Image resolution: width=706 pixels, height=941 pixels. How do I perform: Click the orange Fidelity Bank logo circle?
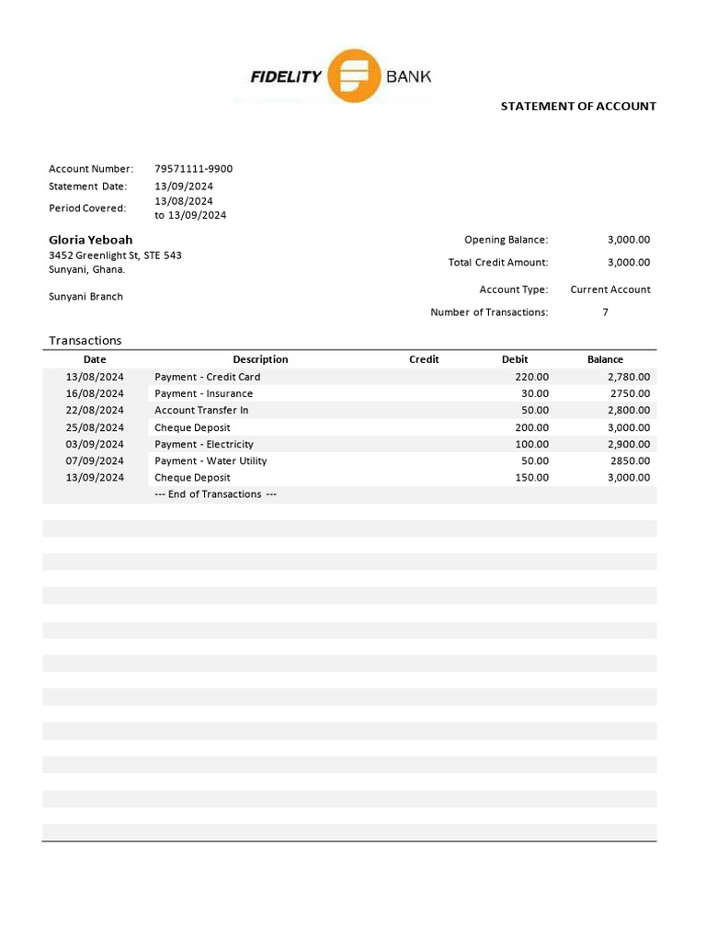click(x=354, y=75)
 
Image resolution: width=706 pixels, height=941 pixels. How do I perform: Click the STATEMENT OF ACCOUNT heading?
click(x=578, y=106)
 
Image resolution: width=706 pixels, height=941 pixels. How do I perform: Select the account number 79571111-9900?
click(x=193, y=168)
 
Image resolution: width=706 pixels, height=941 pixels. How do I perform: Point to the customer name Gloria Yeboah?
click(x=91, y=240)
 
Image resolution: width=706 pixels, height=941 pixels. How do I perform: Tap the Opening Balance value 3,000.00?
click(x=628, y=240)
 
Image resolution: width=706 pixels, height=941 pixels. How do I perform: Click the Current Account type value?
click(x=609, y=289)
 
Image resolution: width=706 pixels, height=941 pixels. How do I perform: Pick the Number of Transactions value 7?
click(x=605, y=312)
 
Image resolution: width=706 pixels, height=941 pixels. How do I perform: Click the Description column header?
click(x=260, y=359)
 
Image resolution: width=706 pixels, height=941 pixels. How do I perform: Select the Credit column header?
click(x=424, y=359)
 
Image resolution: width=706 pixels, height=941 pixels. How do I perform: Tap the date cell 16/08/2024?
click(x=95, y=393)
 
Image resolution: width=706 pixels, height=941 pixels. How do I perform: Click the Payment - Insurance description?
click(x=203, y=393)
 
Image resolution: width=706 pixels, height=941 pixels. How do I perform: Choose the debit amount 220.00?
click(x=531, y=377)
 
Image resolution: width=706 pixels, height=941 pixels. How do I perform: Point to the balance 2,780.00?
click(x=629, y=377)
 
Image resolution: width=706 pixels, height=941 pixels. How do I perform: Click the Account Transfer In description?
click(x=201, y=410)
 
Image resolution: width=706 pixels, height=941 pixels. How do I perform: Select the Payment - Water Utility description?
click(x=211, y=460)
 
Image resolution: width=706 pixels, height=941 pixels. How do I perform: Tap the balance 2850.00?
click(x=631, y=460)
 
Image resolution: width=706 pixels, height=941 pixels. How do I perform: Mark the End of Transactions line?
click(x=216, y=494)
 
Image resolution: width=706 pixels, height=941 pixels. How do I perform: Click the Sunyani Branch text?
click(x=85, y=297)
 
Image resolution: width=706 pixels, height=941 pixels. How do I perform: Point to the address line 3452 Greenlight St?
click(x=115, y=255)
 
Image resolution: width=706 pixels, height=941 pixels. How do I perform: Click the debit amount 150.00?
click(x=531, y=478)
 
